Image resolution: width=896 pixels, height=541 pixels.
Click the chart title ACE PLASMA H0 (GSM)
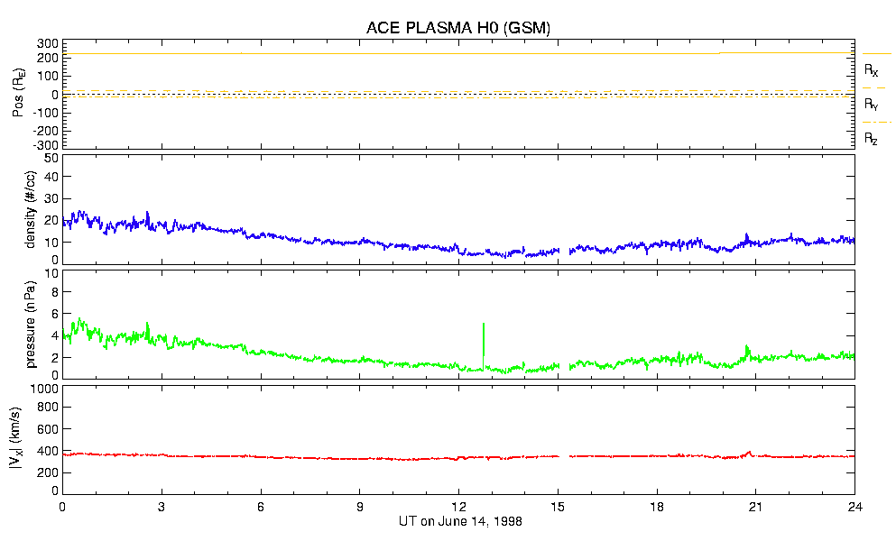(458, 28)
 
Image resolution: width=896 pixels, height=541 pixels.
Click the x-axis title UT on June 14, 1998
(459, 521)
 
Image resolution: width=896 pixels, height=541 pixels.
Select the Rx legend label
(872, 69)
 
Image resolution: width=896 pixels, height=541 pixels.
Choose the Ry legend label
(872, 105)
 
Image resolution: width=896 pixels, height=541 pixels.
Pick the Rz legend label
(872, 139)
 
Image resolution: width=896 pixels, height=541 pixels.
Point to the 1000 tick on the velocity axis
(43, 390)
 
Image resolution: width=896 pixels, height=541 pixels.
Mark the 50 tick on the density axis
(51, 159)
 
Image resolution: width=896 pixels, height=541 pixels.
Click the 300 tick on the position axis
(47, 43)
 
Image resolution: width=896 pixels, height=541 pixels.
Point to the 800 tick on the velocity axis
(47, 409)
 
